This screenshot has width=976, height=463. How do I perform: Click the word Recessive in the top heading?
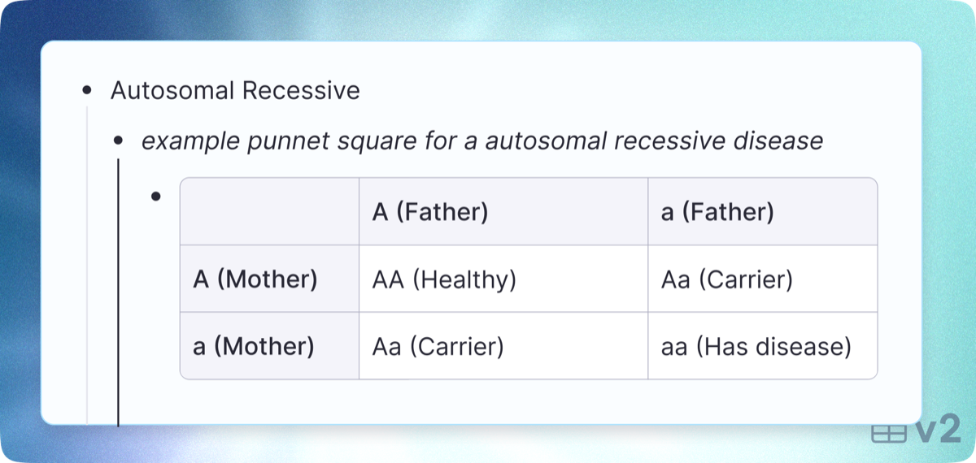tap(301, 90)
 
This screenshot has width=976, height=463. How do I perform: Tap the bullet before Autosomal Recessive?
tap(87, 90)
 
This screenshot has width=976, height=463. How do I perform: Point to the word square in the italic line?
tap(377, 142)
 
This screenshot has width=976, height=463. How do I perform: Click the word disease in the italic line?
tap(778, 141)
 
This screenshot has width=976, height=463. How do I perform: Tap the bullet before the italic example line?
tap(118, 141)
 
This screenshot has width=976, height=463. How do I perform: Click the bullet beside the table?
tap(156, 197)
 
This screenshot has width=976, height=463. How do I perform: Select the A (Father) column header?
tap(430, 212)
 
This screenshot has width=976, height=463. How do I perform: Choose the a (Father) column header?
tap(717, 212)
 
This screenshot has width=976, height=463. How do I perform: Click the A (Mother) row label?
tap(255, 279)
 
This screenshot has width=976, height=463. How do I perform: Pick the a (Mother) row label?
tap(253, 346)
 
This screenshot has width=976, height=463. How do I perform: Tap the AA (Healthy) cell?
tap(444, 279)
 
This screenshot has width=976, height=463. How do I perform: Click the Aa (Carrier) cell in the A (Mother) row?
tap(727, 279)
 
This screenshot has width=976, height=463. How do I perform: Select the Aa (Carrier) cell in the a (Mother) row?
tap(438, 347)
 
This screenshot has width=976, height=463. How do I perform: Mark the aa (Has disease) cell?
tap(756, 347)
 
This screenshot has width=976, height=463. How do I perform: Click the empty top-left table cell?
tap(270, 211)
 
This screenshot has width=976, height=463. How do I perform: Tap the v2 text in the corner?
tap(938, 429)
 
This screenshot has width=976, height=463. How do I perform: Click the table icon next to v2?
tap(889, 434)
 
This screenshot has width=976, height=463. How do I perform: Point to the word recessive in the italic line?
tap(670, 141)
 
